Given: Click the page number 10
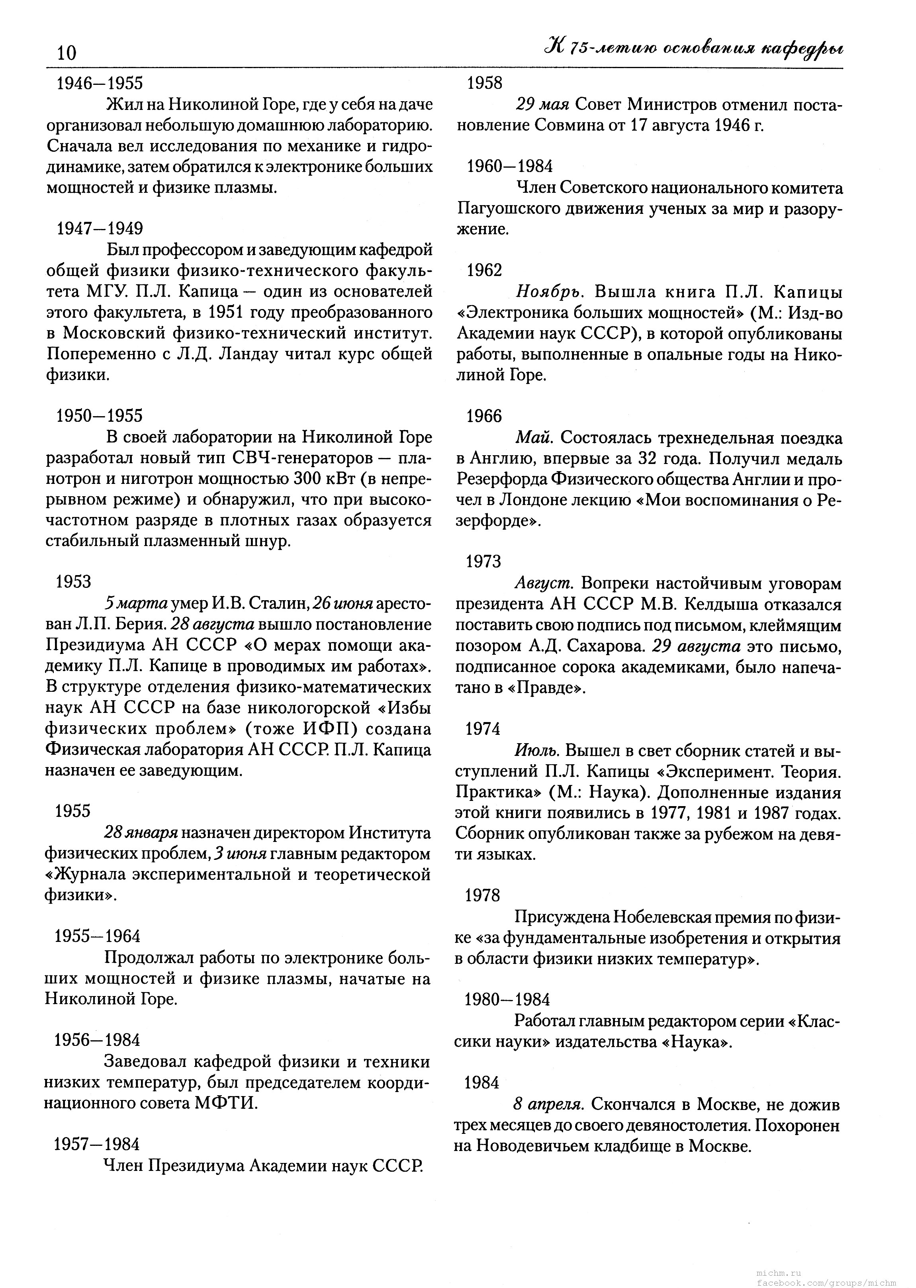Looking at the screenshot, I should pyautogui.click(x=67, y=53).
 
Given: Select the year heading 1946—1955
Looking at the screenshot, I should pyautogui.click(x=100, y=84).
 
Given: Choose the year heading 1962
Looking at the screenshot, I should pyautogui.click(x=484, y=271).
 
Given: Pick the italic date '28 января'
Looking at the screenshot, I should pyautogui.click(x=141, y=833).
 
